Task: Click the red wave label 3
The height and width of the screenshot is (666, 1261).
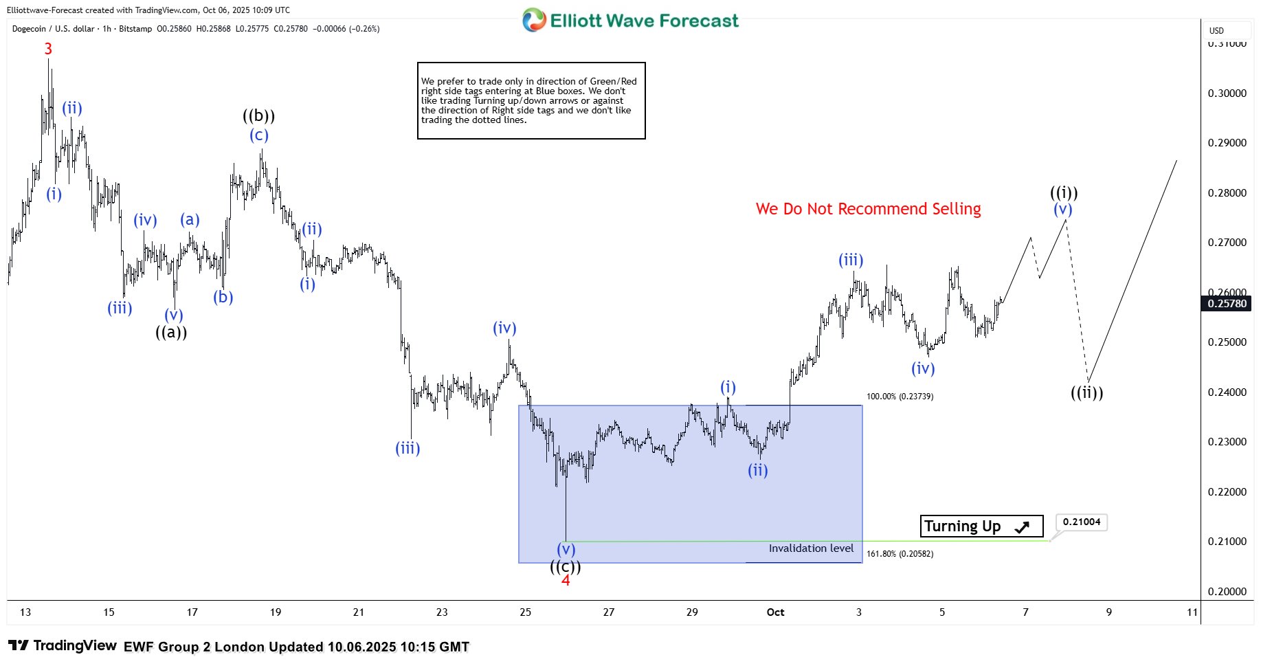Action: tap(48, 49)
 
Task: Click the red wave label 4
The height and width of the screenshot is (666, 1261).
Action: tap(566, 581)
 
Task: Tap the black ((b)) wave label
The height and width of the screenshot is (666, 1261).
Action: tap(258, 116)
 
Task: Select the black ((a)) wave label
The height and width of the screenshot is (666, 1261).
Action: tap(171, 333)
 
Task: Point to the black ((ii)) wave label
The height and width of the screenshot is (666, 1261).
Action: tap(1086, 393)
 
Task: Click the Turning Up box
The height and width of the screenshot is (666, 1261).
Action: tap(981, 526)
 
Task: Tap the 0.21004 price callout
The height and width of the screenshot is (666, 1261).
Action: tap(1081, 522)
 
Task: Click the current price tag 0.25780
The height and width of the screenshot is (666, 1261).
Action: tap(1227, 304)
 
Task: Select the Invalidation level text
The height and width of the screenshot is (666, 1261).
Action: tap(811, 548)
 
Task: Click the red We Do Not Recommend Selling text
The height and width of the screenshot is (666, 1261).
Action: tap(868, 209)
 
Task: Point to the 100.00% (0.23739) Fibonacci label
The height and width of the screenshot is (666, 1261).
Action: tap(900, 397)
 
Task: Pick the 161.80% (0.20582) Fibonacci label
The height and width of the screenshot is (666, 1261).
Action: tap(900, 554)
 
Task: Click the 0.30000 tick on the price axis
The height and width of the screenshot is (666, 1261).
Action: tap(1227, 93)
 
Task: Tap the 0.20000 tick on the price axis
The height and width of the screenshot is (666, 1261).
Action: tap(1227, 592)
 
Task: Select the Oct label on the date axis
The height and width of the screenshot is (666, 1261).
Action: tap(775, 612)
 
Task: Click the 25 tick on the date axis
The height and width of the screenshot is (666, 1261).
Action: tap(525, 612)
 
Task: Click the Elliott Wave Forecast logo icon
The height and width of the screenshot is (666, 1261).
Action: tap(533, 21)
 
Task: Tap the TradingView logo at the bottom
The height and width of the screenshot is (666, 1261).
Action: tap(63, 646)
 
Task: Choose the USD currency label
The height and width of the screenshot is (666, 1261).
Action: tap(1216, 30)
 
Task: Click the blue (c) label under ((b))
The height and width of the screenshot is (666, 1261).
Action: tap(258, 135)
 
